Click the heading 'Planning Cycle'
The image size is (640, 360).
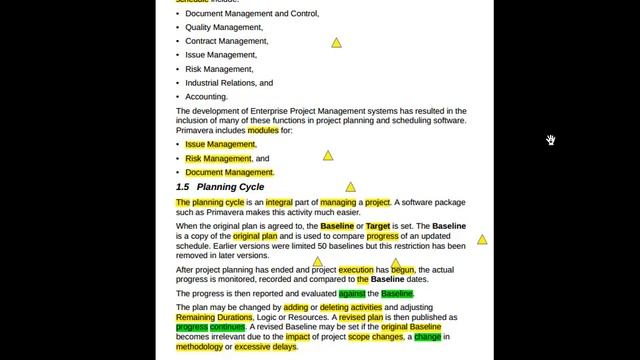[230, 187]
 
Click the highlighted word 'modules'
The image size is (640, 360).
[263, 130]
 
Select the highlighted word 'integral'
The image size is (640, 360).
[279, 202]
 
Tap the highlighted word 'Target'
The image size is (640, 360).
[378, 227]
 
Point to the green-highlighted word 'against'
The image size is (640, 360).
[352, 294]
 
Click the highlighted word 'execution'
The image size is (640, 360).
[356, 270]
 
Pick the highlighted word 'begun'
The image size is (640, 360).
[402, 270]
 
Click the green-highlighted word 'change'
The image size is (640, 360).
[427, 337]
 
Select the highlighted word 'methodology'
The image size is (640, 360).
[200, 347]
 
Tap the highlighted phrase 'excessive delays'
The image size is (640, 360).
[266, 347]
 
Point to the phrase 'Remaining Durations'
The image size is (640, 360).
[214, 317]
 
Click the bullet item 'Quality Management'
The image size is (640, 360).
[224, 28]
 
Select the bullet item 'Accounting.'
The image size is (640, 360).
[207, 97]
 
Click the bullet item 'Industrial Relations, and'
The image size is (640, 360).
[229, 83]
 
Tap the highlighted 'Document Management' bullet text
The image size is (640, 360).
[229, 172]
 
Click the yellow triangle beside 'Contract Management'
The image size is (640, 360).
[336, 43]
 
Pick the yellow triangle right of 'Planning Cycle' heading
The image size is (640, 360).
[350, 187]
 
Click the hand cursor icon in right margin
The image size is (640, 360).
[550, 140]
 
